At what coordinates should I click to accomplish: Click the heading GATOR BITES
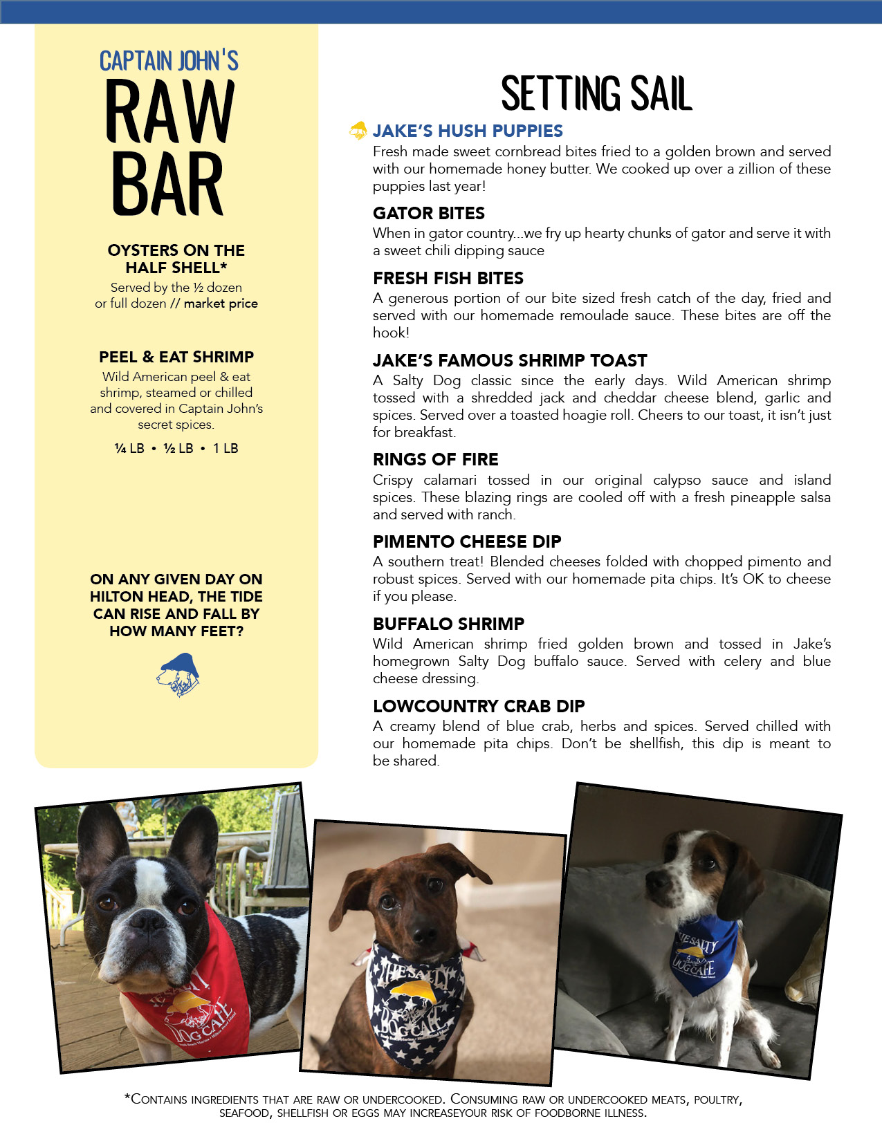[429, 213]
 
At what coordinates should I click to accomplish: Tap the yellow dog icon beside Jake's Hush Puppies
[358, 130]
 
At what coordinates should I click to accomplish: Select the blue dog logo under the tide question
[178, 674]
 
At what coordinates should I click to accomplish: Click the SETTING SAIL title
[596, 94]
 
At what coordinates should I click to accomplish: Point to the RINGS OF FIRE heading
[436, 459]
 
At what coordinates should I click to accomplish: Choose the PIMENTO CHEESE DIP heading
[467, 541]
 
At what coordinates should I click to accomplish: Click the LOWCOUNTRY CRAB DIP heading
[479, 706]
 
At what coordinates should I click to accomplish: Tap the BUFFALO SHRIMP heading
[448, 624]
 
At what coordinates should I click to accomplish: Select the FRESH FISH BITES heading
[448, 278]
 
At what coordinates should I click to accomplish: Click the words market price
[221, 304]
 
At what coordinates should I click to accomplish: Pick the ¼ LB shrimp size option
[129, 448]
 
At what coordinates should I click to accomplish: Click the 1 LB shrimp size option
[226, 448]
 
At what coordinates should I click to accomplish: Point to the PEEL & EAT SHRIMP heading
[176, 357]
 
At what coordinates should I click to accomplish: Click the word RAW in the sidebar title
[170, 112]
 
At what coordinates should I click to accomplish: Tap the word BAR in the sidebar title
[167, 184]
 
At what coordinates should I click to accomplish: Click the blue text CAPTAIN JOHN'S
[169, 61]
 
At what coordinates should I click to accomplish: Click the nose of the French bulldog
[147, 920]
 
